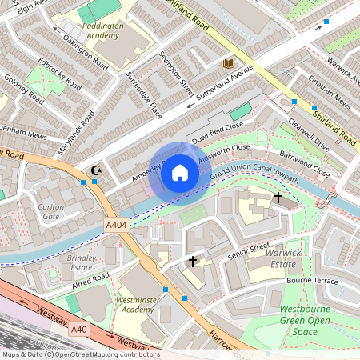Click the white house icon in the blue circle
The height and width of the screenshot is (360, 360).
pyautogui.click(x=180, y=172)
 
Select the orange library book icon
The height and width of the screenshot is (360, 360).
pyautogui.click(x=229, y=62)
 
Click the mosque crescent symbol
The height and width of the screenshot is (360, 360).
pyautogui.click(x=98, y=170)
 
